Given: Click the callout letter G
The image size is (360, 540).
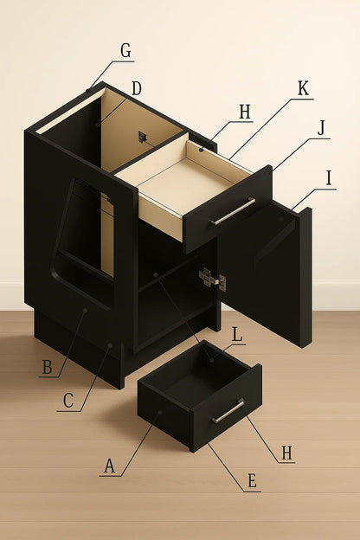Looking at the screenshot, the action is click(125, 51).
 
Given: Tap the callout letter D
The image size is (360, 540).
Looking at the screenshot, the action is click(137, 89).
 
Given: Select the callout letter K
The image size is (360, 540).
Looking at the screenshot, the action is click(303, 88).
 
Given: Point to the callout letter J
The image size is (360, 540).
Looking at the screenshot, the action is click(321, 129).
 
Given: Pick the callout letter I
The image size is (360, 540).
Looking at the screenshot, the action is click(329, 178).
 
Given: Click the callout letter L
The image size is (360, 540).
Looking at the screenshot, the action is click(237, 334).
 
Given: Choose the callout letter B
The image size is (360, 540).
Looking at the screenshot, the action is click(48, 367).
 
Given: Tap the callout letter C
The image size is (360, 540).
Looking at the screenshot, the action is click(68, 401).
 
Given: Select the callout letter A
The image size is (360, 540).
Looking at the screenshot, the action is click(109, 466).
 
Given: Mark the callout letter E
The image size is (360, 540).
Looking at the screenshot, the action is click(252, 481).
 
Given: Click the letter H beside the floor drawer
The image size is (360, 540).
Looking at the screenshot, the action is click(287, 453).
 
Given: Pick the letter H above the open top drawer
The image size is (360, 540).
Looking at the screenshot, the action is click(245, 112).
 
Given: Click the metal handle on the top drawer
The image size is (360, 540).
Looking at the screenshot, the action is click(233, 211).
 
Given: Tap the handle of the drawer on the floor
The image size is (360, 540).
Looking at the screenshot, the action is click(228, 411).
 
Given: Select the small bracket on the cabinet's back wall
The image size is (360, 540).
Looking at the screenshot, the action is click(142, 137).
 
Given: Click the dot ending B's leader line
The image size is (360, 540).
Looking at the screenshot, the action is click(85, 311).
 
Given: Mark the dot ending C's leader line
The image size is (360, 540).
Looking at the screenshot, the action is click(110, 345).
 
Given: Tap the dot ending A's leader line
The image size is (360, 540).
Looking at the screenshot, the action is click(160, 412).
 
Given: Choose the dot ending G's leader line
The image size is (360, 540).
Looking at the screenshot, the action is click(88, 91).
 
